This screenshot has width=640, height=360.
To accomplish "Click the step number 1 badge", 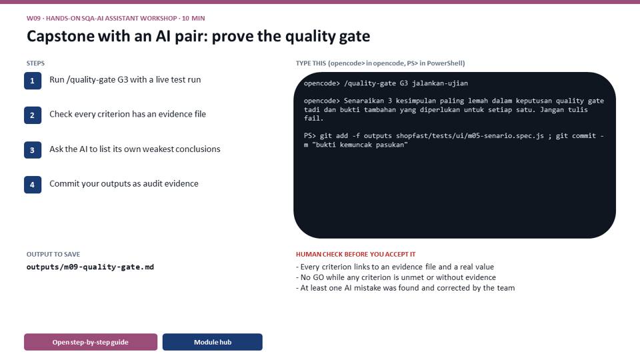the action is coord(33,81).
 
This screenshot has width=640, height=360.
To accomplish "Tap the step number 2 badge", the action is coord(33,115).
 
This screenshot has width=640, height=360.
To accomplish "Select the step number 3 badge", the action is coord(33,150).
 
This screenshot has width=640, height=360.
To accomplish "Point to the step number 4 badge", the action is coord(33,185).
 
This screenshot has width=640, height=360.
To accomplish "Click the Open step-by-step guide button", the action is coord(91,342).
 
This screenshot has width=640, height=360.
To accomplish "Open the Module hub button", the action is coord(213,342).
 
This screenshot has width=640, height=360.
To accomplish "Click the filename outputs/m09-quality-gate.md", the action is coord(90,267).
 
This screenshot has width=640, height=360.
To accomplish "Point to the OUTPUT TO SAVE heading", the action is coord(53,254).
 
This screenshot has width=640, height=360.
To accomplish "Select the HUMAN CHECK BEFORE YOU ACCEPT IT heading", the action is coord(355,254).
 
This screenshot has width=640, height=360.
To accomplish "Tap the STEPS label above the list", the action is coord(35,63).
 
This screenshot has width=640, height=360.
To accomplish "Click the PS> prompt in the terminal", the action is coord(310,136).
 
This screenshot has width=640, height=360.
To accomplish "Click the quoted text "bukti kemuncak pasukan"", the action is coord(359,145).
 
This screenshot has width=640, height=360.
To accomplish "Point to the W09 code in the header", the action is coord(33,19).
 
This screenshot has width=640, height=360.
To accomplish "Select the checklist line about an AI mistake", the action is coord(405,288).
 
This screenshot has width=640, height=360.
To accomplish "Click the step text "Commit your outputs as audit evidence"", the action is coord(124,184).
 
